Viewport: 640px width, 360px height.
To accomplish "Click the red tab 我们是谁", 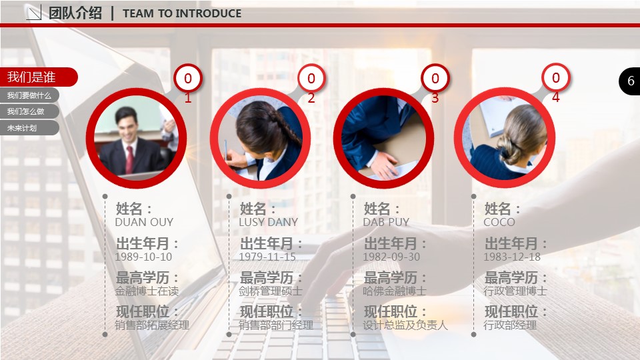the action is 39,77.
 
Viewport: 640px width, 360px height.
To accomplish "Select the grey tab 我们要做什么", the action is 29,95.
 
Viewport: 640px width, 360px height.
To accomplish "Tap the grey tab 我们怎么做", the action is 29,111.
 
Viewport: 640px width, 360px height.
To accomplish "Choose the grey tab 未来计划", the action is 29,128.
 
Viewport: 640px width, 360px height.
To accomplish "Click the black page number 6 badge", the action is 630,81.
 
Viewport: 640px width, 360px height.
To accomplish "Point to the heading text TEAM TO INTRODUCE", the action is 182,13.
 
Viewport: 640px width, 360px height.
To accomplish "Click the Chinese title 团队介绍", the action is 75,13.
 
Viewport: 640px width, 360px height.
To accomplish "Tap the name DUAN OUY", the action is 144,222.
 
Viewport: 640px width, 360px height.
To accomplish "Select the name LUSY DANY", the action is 268,222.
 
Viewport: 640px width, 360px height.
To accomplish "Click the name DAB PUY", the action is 386,222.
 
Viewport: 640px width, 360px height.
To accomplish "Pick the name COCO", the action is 499,222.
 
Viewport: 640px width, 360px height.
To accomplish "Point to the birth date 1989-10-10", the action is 143,257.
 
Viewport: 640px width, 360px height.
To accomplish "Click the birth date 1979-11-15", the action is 267,257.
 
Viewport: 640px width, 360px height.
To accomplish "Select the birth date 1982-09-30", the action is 391,257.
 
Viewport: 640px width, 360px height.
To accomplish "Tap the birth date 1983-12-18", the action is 512,257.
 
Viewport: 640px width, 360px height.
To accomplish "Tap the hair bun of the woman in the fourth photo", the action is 508,148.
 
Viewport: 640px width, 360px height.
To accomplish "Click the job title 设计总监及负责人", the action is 405,325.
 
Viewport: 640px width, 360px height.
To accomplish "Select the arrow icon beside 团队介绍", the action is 34,13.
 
